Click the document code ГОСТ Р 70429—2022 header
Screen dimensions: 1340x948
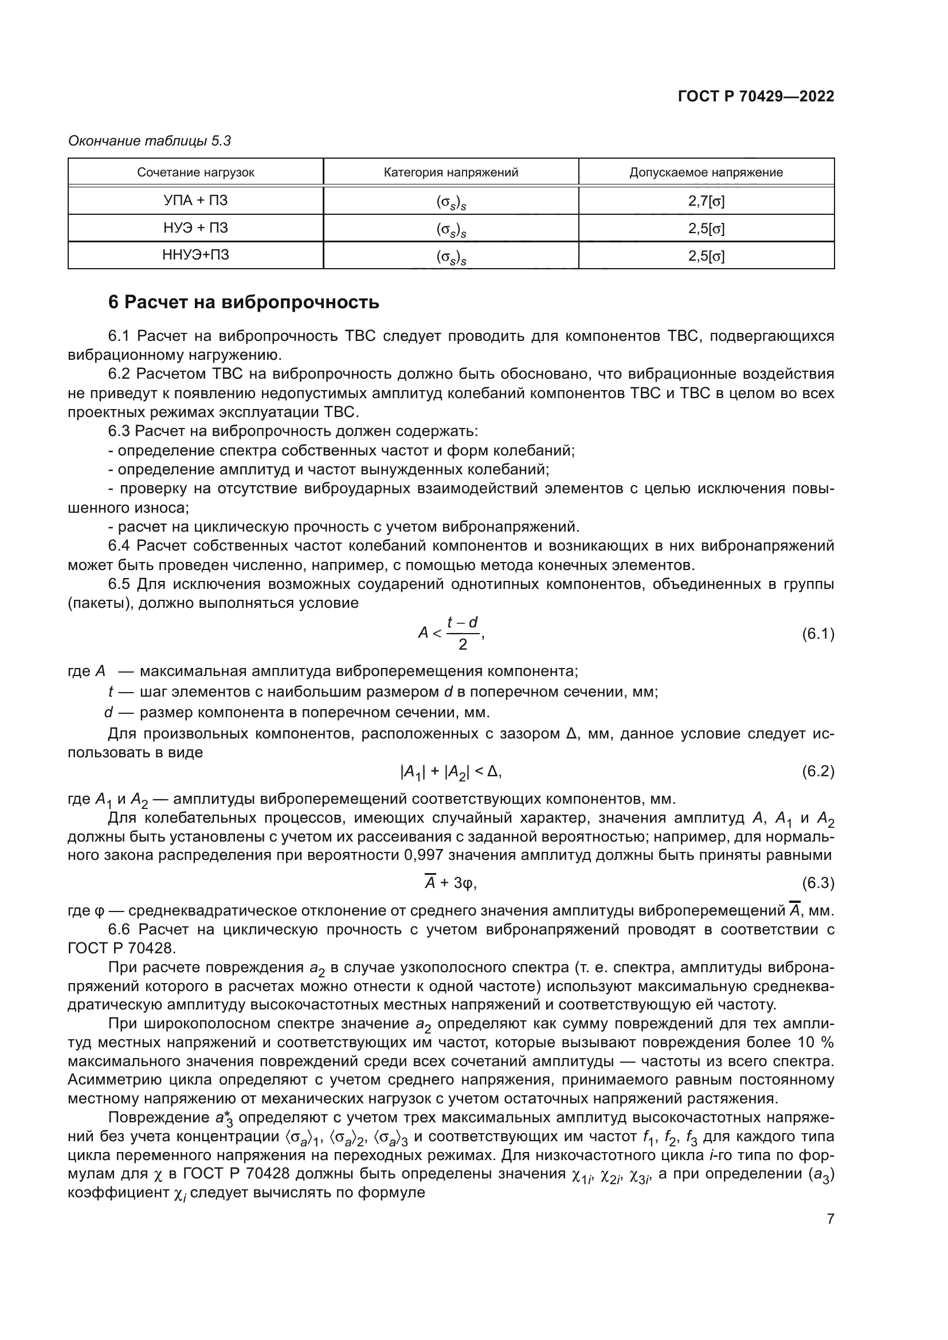tap(755, 96)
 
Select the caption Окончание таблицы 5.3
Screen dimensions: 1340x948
tap(150, 141)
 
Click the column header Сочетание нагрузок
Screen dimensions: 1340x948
tap(195, 172)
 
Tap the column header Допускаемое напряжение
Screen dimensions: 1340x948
tap(706, 172)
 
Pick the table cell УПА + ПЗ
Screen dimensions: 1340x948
tap(195, 201)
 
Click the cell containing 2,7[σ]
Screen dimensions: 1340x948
tap(706, 201)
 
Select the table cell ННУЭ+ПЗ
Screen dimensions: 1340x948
tap(195, 255)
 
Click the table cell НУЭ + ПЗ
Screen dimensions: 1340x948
tap(195, 228)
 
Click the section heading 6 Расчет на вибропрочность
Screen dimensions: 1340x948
tap(244, 302)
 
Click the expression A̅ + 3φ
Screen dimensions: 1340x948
tap(451, 883)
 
